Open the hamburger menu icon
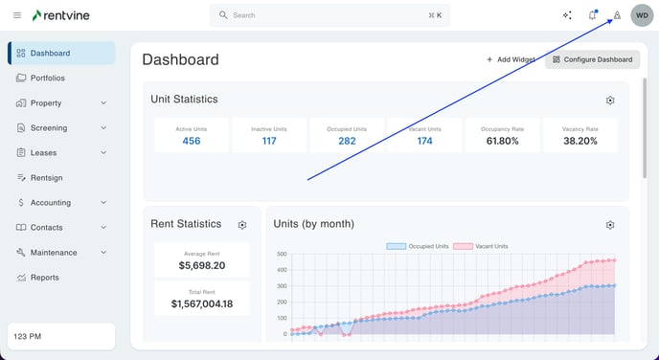(16, 15)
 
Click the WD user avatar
(641, 15)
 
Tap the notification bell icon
(593, 15)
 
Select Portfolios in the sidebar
(48, 79)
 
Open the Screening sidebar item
(49, 128)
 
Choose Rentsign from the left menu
(45, 178)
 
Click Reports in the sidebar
(44, 278)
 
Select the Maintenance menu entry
(54, 253)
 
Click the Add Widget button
(511, 59)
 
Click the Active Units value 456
(192, 141)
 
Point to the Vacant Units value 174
(424, 141)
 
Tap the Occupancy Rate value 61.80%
(503, 141)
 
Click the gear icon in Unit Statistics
(610, 101)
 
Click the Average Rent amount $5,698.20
(202, 265)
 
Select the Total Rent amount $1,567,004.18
(202, 304)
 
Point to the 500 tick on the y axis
(282, 255)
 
